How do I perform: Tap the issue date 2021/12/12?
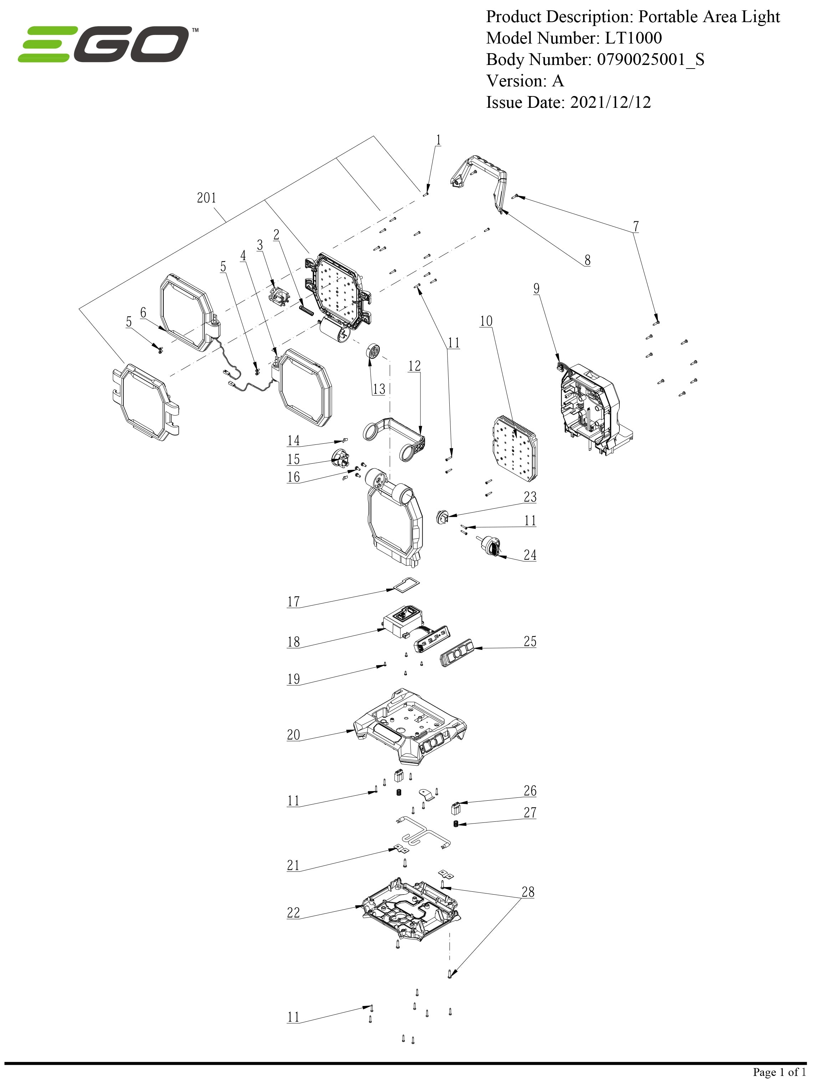[x=611, y=102]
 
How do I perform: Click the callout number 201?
[x=206, y=198]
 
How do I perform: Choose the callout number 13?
[x=378, y=389]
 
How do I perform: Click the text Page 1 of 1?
[x=779, y=1072]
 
